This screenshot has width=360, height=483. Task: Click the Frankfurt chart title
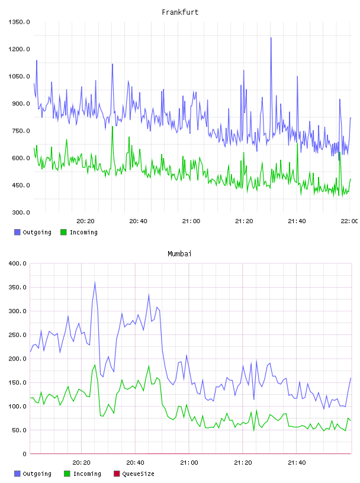click(x=180, y=12)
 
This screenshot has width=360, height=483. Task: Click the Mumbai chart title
click(x=179, y=254)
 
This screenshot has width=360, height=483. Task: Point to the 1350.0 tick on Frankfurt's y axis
click(x=19, y=22)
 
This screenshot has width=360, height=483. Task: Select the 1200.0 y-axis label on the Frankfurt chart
click(x=19, y=49)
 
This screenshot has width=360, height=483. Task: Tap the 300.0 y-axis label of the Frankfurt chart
click(x=21, y=212)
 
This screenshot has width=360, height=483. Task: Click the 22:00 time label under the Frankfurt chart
click(x=349, y=221)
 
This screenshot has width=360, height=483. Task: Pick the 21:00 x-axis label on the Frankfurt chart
click(x=191, y=221)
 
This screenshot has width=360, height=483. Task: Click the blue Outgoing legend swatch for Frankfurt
click(x=17, y=232)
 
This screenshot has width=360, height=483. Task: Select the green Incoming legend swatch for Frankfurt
click(x=63, y=232)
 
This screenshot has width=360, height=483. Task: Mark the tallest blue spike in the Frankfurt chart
click(x=271, y=38)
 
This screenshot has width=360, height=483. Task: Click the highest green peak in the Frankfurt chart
click(x=112, y=127)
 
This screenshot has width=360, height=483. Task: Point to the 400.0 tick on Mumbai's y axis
click(x=18, y=263)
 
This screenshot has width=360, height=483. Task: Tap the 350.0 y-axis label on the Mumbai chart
click(x=18, y=288)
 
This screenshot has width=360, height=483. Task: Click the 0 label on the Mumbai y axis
click(x=24, y=454)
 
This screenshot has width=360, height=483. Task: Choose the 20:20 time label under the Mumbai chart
click(x=81, y=463)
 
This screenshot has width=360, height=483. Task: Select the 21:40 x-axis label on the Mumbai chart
click(x=297, y=463)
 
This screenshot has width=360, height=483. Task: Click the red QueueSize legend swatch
click(x=117, y=474)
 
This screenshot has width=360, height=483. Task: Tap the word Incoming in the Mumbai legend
click(x=87, y=474)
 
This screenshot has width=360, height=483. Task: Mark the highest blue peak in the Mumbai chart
click(x=95, y=282)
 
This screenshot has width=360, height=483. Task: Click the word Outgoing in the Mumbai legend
click(x=37, y=474)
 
